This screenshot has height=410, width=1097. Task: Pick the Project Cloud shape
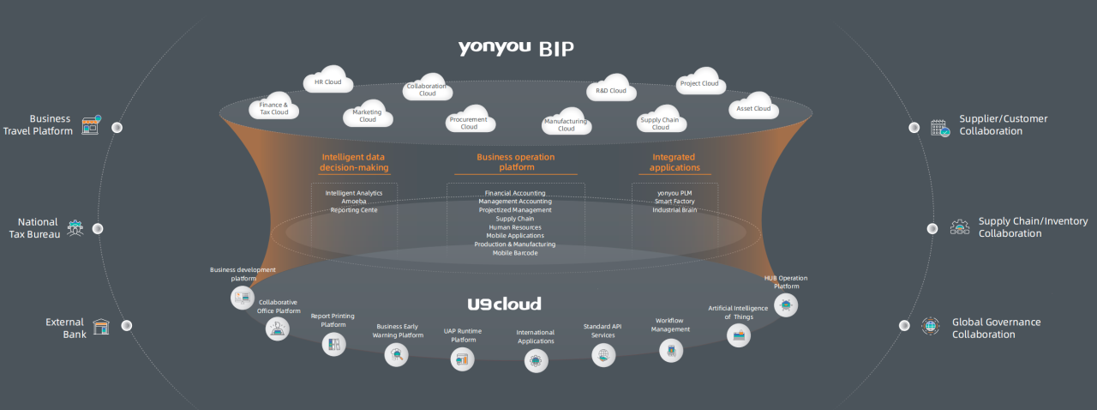(x=699, y=83)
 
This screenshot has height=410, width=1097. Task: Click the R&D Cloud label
(x=611, y=91)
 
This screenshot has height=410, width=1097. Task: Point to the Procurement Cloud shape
(x=469, y=123)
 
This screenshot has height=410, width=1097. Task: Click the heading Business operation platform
(x=515, y=162)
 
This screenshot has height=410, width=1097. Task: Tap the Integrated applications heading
(x=674, y=162)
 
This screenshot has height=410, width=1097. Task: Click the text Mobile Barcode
(x=515, y=253)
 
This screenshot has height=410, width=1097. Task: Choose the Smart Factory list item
(x=674, y=202)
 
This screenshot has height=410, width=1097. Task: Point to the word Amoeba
(x=354, y=202)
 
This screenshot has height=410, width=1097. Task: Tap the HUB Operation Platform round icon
(x=785, y=305)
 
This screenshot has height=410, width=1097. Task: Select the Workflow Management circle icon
(x=670, y=349)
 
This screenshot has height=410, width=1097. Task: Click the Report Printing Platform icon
(x=333, y=345)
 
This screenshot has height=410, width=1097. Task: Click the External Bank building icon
(x=102, y=327)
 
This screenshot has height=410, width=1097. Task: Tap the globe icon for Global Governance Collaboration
(x=930, y=326)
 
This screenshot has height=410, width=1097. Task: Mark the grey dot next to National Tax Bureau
(x=98, y=228)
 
